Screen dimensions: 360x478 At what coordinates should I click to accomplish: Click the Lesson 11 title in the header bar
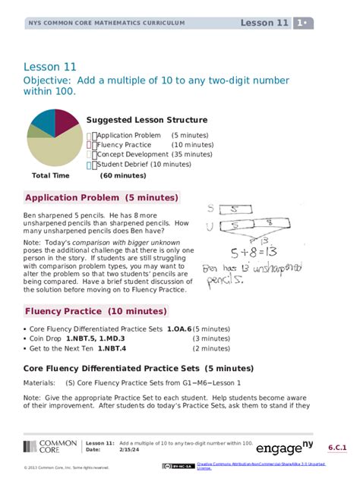pos(264,23)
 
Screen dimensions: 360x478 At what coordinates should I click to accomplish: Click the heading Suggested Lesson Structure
pos(147,120)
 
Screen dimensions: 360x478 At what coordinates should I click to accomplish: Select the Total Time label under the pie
pos(51,175)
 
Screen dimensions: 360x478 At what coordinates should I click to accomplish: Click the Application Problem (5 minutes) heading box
pos(102,198)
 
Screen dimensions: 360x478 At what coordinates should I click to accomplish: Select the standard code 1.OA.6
pos(179,329)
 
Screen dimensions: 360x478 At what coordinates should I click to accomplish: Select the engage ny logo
pos(284,447)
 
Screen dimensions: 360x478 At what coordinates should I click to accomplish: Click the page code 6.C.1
pos(338,448)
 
